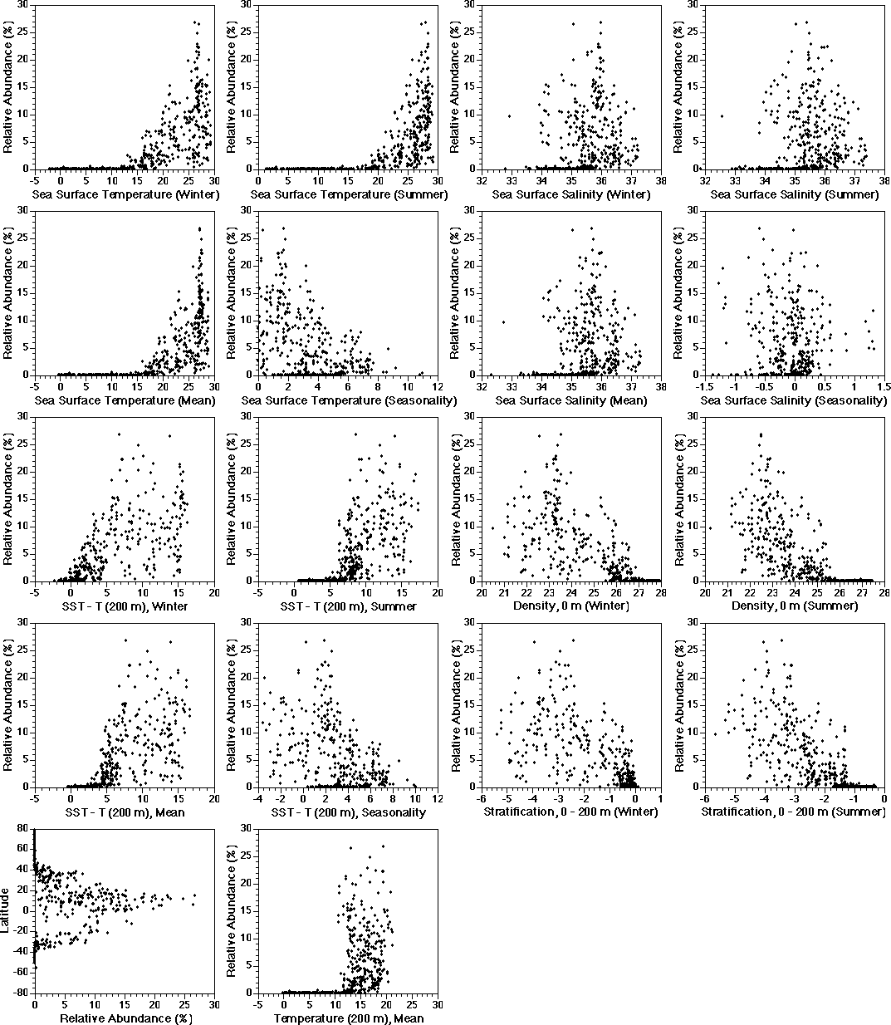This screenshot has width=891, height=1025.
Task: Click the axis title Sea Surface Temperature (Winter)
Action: pos(125,194)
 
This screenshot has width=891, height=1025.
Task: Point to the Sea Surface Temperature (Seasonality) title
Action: pos(349,400)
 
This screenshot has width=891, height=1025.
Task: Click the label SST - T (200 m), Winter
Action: pos(125,606)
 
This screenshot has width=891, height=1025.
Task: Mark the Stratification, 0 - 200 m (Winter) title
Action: pos(571,812)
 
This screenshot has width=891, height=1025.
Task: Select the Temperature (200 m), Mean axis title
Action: pos(349,1018)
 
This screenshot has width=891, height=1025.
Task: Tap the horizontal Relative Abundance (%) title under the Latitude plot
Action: pos(125,1018)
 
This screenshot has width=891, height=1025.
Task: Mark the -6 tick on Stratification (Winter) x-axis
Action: pos(482,799)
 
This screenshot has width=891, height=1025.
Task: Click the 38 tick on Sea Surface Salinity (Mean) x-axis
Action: pos(660,387)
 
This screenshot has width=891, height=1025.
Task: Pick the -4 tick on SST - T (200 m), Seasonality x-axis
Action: pos(257,799)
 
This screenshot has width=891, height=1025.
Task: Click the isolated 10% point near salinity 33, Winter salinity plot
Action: pos(508,115)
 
